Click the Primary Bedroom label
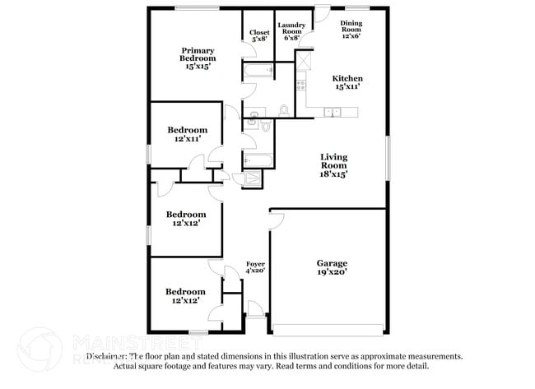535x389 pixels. [x=198, y=58]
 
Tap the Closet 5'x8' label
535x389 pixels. [x=259, y=35]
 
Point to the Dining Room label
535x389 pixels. [x=351, y=30]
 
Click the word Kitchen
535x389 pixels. [x=347, y=79]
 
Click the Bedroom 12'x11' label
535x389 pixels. [x=188, y=135]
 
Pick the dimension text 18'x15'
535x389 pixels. [x=333, y=174]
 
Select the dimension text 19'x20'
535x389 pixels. [x=333, y=272]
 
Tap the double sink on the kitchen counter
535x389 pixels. [x=333, y=111]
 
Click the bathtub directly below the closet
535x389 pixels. [x=258, y=72]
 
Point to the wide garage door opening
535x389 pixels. [x=329, y=331]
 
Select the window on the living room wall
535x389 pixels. [x=388, y=156]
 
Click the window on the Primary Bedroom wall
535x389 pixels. [x=198, y=9]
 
